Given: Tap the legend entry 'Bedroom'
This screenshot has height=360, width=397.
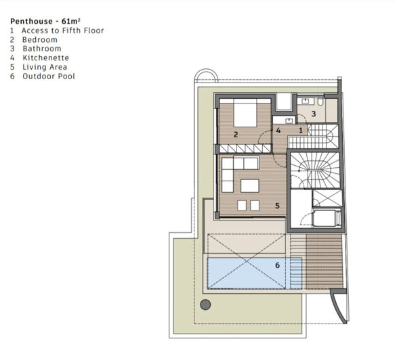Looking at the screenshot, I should click(x=40, y=40).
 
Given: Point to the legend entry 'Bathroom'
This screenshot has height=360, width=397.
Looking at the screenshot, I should click(x=41, y=49).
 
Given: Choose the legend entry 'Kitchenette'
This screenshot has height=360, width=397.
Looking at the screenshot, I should click(x=45, y=58).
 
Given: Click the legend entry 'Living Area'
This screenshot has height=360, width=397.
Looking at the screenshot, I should click(x=45, y=67).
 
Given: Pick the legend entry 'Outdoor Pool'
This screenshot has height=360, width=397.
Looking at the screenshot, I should click(x=48, y=76).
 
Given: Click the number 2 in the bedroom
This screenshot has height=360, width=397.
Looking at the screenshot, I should click(x=236, y=135).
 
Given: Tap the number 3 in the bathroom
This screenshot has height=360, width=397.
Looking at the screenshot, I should click(x=313, y=114).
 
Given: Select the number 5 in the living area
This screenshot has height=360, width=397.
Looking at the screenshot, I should click(x=278, y=205).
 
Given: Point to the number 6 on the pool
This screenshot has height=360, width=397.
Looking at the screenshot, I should click(x=277, y=265).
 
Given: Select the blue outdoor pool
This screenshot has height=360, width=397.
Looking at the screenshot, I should click(x=244, y=272).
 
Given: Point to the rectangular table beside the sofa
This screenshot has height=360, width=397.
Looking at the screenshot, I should click(x=250, y=185).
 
